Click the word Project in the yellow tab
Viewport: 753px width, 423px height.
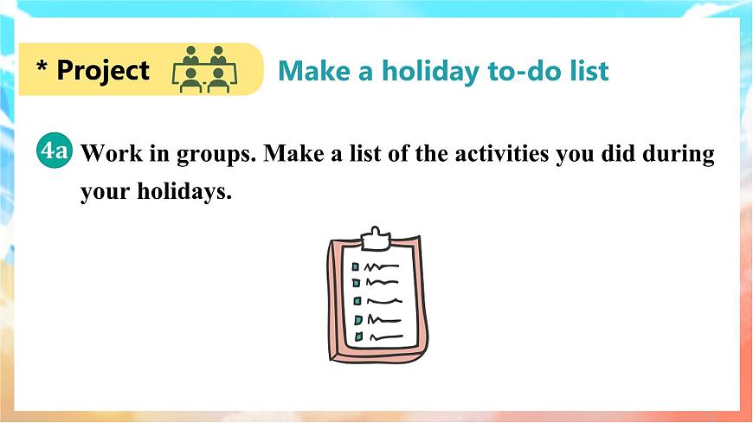point(103,70)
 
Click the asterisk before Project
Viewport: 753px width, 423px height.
point(41,69)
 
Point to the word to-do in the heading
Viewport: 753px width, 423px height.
point(511,71)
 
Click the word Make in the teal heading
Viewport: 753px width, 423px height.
point(312,71)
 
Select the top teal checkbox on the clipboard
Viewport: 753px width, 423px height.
point(355,267)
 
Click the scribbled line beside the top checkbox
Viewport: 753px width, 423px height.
point(382,266)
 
